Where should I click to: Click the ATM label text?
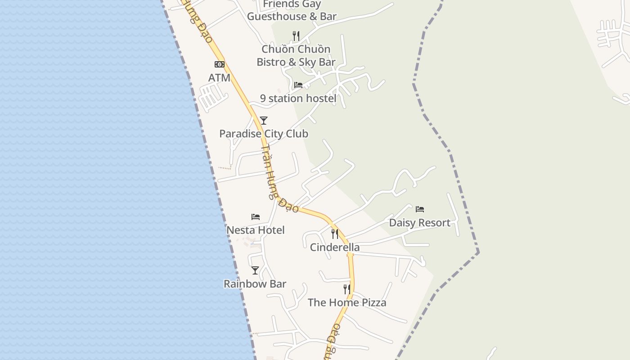[x=219, y=78]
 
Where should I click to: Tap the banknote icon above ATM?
[x=219, y=64]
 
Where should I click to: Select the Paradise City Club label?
[x=264, y=134]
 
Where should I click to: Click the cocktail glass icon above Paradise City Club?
[x=264, y=121]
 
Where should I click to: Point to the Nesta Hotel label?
[x=256, y=230]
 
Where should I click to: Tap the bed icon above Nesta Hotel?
[x=256, y=217]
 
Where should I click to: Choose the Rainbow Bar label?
[x=255, y=284]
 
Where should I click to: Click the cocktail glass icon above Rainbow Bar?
[x=255, y=270]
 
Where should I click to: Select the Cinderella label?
[x=335, y=247]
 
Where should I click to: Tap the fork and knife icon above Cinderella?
[x=335, y=234]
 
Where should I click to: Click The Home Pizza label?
[x=347, y=302]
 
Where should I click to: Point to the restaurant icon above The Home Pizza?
[x=347, y=289]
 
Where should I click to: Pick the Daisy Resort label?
[x=420, y=223]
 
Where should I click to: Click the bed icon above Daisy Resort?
[x=420, y=209]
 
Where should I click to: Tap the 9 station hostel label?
[x=298, y=99]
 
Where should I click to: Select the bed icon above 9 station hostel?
[x=298, y=85]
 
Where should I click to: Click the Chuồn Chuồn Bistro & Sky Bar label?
[x=296, y=55]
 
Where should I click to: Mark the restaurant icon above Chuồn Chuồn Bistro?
[x=296, y=36]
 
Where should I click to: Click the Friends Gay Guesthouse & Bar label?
[x=292, y=10]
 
